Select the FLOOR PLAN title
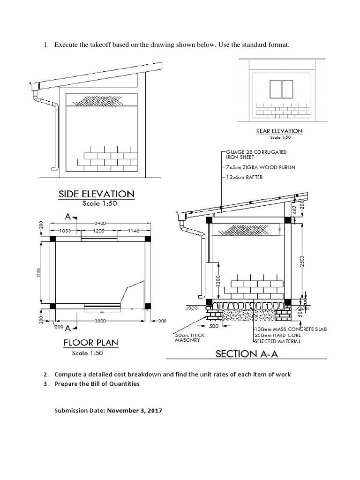click(x=91, y=343)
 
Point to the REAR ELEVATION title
click(x=279, y=131)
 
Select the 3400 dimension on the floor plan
click(x=99, y=223)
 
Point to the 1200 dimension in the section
click(x=218, y=282)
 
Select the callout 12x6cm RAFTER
click(x=244, y=178)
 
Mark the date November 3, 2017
click(x=135, y=410)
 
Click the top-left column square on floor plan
click(x=52, y=239)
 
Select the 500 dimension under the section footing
click(x=214, y=326)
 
